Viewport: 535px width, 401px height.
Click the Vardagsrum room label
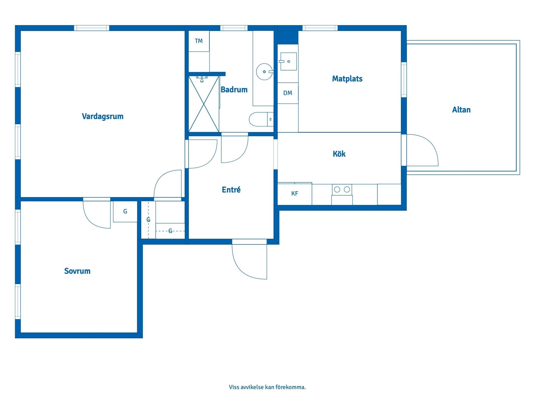tap(103, 116)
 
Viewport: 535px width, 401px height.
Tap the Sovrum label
tap(77, 271)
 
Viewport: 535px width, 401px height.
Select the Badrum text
tap(234, 90)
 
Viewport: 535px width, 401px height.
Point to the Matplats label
tap(347, 79)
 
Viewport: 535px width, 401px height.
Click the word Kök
tap(339, 154)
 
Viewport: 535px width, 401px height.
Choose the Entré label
tap(231, 190)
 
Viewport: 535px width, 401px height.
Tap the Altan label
tap(461, 110)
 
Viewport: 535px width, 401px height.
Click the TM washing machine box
tap(199, 41)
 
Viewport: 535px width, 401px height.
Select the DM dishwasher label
tap(288, 93)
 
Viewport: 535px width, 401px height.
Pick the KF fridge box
tap(295, 194)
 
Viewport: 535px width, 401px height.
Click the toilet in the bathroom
tap(261, 119)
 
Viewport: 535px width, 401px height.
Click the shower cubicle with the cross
tap(204, 104)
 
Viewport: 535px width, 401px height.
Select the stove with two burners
tap(342, 190)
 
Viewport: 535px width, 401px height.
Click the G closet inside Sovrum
tap(125, 211)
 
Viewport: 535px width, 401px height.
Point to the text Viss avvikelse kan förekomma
tap(267, 387)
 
